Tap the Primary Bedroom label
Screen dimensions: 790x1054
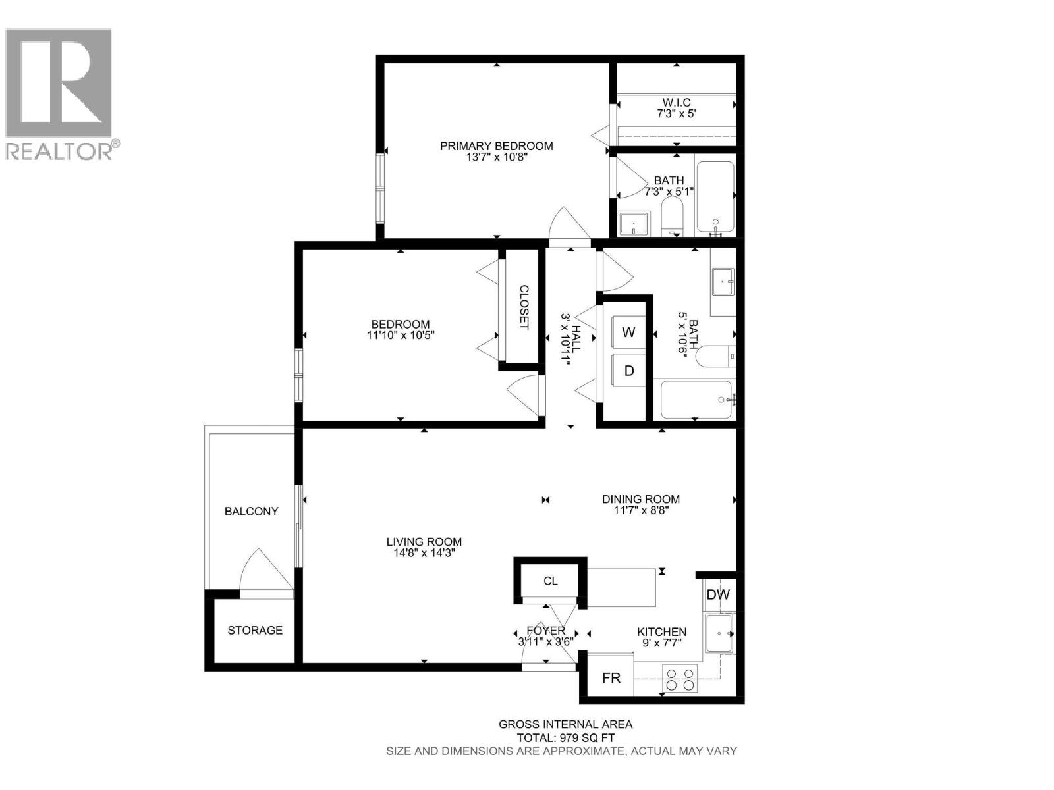(496, 146)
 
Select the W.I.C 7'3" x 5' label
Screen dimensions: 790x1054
(676, 108)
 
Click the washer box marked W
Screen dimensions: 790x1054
(628, 332)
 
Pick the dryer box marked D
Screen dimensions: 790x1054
(628, 371)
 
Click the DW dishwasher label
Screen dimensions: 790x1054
(718, 594)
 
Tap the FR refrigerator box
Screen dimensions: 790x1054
(611, 677)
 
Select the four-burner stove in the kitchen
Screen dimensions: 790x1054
(679, 680)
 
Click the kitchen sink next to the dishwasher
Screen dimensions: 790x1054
(719, 633)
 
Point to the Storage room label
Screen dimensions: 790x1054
(255, 630)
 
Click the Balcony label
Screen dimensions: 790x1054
(251, 511)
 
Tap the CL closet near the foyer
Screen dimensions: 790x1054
(550, 581)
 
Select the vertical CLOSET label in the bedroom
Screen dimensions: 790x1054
(524, 307)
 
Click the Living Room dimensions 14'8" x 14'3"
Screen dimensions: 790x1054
(424, 554)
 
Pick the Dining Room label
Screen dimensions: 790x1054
(640, 499)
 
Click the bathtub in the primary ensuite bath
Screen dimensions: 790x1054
(715, 197)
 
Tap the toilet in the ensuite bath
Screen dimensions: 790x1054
(673, 217)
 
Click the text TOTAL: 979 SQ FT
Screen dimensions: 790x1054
(565, 738)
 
